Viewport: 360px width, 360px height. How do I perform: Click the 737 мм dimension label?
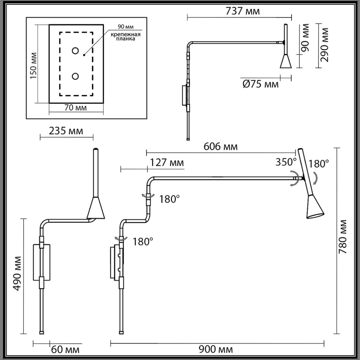pos(242,11)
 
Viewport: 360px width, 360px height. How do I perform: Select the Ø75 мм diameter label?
pos(260,84)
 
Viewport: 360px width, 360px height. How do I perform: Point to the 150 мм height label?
pos(33,66)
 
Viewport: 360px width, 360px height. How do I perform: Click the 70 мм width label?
pos(75,108)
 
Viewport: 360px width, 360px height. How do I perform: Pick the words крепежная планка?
pos(125,37)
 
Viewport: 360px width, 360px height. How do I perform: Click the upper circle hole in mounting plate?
pos(75,51)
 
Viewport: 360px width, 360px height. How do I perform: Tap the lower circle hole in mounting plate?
pos(75,76)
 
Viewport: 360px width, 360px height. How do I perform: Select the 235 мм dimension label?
pos(66,131)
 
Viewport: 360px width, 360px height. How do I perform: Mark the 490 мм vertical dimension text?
pos(17,273)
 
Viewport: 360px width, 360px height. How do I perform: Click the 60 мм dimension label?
pos(65,350)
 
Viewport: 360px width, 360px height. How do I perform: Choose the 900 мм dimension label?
pos(216,349)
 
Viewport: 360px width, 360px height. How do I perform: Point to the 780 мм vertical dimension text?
pos(343,237)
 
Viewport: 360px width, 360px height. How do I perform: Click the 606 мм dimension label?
pos(220,147)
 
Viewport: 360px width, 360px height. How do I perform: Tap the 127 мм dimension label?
pos(166,163)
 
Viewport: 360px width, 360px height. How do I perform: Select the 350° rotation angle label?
pos(286,162)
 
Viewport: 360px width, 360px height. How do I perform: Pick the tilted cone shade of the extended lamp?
pos(314,208)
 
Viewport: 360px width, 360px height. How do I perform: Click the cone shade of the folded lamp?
pos(96,209)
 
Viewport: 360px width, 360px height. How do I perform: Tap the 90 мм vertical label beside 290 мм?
pos(305,37)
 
